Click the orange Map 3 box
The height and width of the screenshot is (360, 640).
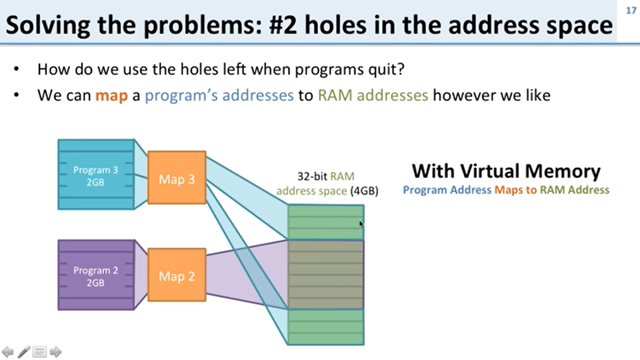click(x=177, y=178)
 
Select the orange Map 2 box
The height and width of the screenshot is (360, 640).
click(x=177, y=275)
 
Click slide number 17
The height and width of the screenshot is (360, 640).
click(x=631, y=11)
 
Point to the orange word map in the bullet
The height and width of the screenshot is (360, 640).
click(x=111, y=96)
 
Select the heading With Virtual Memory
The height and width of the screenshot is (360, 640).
click(x=506, y=171)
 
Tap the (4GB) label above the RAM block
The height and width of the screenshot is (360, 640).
click(x=364, y=191)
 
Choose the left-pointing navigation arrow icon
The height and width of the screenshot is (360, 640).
click(x=8, y=352)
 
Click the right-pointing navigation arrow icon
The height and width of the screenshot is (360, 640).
click(x=56, y=352)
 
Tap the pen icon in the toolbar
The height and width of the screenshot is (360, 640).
click(x=24, y=352)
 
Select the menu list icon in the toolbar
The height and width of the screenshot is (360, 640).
click(x=40, y=352)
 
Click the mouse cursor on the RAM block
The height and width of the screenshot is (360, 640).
click(x=361, y=224)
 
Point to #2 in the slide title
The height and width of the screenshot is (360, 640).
click(x=283, y=25)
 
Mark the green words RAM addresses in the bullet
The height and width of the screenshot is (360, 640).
click(x=373, y=96)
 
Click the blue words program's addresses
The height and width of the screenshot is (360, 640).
click(x=219, y=96)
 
